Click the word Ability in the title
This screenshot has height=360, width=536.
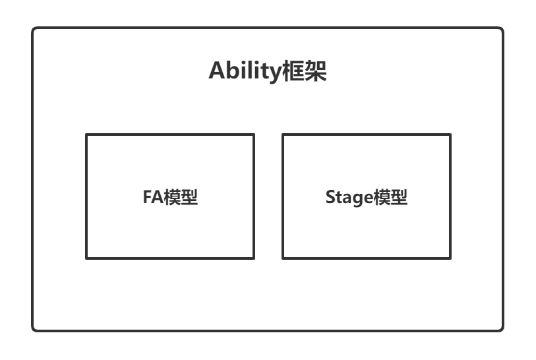241,72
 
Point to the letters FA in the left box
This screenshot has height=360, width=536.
152,197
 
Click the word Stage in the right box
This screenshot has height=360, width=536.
349,198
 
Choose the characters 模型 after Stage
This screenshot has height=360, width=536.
390,197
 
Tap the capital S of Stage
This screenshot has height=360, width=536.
330,197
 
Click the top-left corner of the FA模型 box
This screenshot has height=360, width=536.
86,135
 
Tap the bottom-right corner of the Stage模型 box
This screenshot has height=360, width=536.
451,258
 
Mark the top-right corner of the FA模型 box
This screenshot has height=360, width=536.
254,135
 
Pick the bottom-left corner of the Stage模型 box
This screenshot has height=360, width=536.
283,258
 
